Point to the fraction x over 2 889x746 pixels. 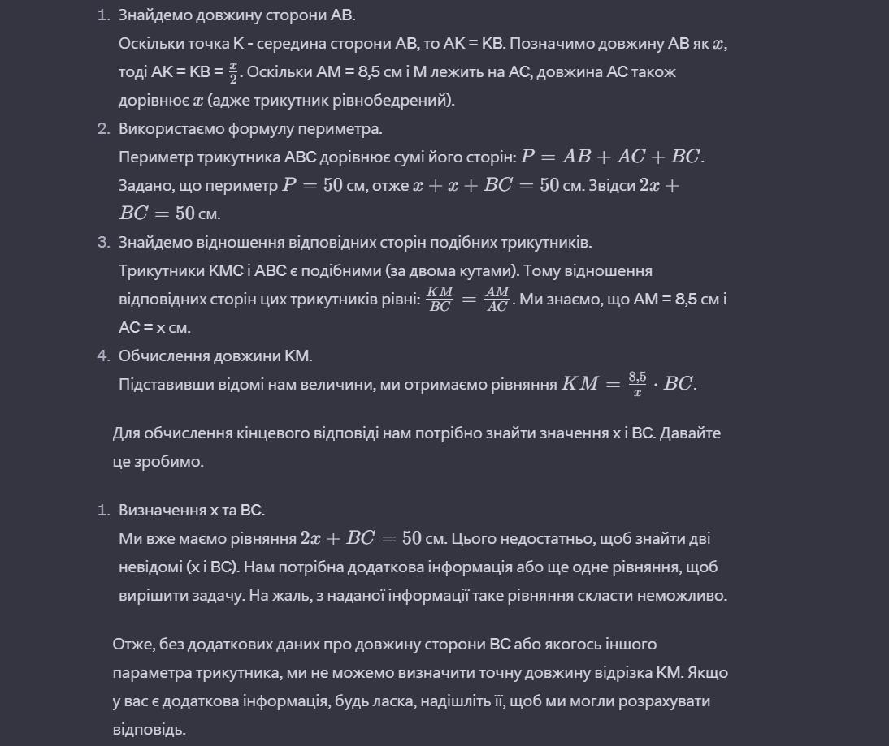coord(233,72)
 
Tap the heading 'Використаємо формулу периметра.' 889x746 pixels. coord(250,129)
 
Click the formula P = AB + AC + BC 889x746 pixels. coord(612,157)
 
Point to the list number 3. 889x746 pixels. coord(103,243)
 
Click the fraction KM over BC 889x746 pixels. coord(440,300)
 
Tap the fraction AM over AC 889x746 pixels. coord(497,300)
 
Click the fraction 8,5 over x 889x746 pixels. coord(637,385)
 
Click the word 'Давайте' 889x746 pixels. coord(690,433)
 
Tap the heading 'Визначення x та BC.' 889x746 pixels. coord(192,511)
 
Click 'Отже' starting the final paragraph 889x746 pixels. coord(131,645)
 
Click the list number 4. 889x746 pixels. coord(103,356)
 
